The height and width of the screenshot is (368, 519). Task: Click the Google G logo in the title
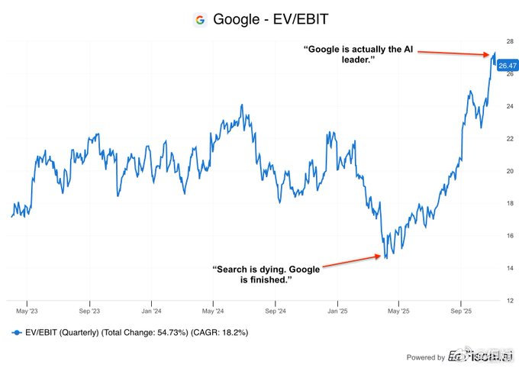pyautogui.click(x=200, y=20)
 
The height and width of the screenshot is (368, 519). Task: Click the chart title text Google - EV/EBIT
pyautogui.click(x=270, y=20)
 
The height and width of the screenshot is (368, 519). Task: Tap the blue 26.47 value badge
pyautogui.click(x=508, y=66)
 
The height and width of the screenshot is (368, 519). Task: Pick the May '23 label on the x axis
pyautogui.click(x=27, y=312)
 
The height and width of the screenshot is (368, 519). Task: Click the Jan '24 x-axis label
pyautogui.click(x=151, y=312)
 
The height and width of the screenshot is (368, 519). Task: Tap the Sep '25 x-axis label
pyautogui.click(x=461, y=312)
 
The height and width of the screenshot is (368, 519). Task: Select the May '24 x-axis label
pyautogui.click(x=214, y=312)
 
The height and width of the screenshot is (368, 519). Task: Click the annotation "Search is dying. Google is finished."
pyautogui.click(x=266, y=274)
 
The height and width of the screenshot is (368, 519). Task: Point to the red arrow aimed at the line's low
pyautogui.click(x=352, y=262)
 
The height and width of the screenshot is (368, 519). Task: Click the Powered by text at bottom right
pyautogui.click(x=425, y=357)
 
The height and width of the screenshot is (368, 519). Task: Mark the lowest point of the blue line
pyautogui.click(x=385, y=258)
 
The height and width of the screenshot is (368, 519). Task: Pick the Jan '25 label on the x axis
pyautogui.click(x=337, y=312)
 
